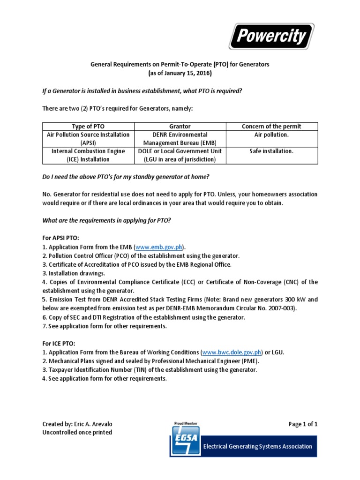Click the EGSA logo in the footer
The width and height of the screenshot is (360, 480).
click(x=186, y=442)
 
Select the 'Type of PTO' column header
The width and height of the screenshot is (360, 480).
click(x=88, y=127)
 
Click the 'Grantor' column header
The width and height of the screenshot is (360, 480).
click(x=180, y=127)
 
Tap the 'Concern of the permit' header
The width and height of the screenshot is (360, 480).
click(x=271, y=127)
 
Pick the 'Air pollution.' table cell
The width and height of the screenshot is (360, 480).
click(x=271, y=135)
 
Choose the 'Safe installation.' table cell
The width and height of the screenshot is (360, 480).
click(x=271, y=151)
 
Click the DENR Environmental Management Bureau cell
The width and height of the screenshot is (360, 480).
click(x=180, y=139)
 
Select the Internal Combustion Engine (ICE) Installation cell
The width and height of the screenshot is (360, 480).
click(x=88, y=155)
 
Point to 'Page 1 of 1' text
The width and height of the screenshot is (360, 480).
click(x=303, y=424)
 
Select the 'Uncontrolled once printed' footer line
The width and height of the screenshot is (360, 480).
click(x=77, y=433)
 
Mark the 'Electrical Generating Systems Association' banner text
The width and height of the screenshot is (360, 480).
click(x=257, y=446)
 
